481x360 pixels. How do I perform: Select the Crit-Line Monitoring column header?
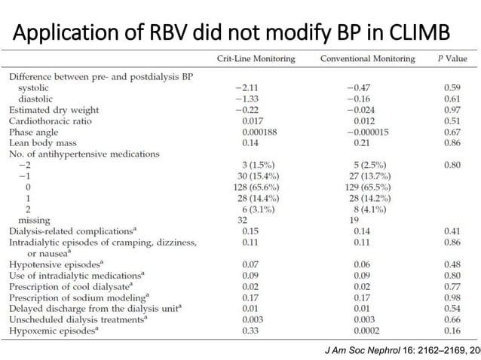coord(256,58)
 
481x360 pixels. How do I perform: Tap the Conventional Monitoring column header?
coord(367,58)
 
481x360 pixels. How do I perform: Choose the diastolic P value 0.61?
coord(451,99)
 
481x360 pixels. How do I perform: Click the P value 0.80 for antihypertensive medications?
coord(451,164)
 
